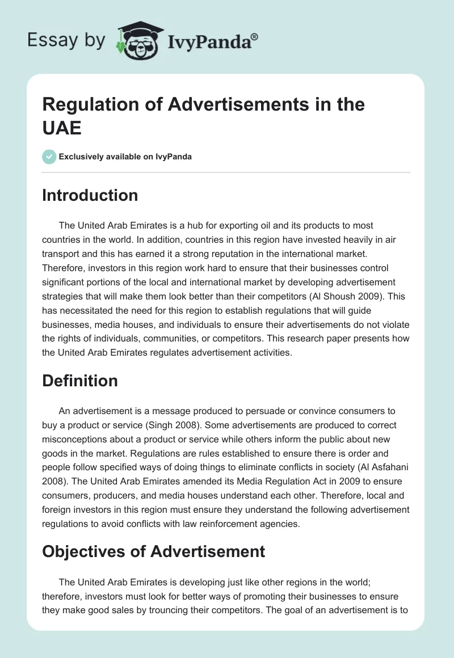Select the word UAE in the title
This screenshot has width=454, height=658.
tap(62, 128)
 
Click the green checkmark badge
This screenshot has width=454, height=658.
tap(49, 157)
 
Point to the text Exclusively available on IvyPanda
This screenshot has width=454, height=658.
tap(125, 157)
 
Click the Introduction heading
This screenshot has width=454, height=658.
tap(90, 195)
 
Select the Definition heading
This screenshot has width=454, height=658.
tap(80, 381)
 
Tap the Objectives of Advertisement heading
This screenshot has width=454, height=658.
tap(153, 551)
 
